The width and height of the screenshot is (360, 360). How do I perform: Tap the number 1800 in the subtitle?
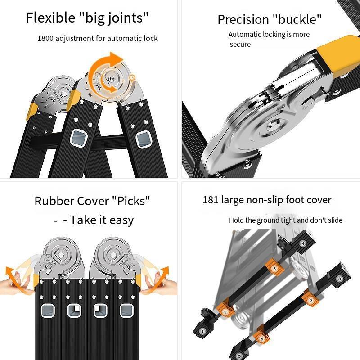[45, 38]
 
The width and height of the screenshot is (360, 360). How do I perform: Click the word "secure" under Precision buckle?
[240, 44]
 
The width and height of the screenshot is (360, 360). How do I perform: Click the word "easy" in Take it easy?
[121, 220]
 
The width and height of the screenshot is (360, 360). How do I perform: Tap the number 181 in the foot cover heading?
[210, 200]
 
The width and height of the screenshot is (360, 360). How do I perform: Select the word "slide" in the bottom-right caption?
[335, 220]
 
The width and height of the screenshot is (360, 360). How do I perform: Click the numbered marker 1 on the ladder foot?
[202, 331]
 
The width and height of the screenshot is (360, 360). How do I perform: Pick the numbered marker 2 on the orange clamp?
[225, 312]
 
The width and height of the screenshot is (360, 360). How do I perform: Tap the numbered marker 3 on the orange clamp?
[274, 268]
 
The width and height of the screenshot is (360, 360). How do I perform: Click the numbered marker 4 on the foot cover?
[303, 243]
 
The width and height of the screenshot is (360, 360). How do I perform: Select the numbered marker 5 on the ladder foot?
[239, 356]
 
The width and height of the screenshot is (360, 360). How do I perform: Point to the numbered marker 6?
[262, 338]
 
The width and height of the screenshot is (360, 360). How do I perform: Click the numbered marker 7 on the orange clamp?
[311, 301]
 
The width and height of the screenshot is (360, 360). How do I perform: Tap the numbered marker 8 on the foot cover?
[339, 279]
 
